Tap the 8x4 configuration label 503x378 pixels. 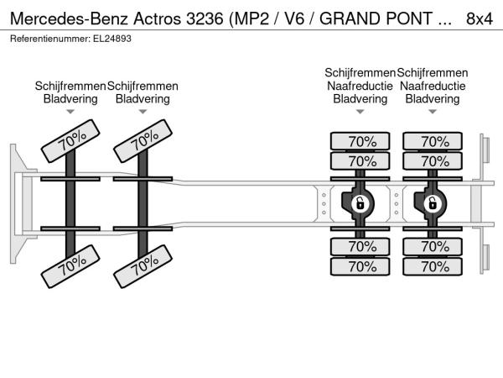coord(479,17)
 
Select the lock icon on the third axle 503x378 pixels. coord(360,203)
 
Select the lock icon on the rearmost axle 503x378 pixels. coord(432,203)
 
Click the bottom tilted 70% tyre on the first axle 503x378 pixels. coord(70,266)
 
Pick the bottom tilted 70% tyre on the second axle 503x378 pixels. coord(143,266)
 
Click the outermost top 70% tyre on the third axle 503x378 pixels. coord(360,141)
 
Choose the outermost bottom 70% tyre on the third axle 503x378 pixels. coord(360,266)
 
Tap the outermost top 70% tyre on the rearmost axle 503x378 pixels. coord(433,141)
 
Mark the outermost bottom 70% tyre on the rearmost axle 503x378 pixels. coord(433,266)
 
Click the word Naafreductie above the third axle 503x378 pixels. coord(360,86)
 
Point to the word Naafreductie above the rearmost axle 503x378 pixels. coord(433,86)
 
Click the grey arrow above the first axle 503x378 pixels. coord(70,112)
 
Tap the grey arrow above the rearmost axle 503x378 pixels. coord(433,112)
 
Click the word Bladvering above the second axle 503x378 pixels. coord(143,98)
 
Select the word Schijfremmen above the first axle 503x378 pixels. coord(70,86)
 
